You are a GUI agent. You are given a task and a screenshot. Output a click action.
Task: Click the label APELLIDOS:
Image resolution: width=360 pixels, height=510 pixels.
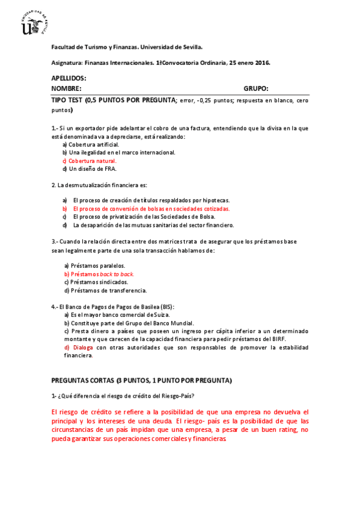[x=69, y=79]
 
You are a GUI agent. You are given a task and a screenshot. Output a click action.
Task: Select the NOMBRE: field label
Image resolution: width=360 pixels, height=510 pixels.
[x=66, y=88]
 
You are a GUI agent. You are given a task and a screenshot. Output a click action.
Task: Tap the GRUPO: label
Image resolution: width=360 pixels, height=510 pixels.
[x=256, y=88]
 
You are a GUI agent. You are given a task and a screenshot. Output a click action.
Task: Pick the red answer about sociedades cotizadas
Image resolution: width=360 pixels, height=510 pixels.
[x=151, y=208]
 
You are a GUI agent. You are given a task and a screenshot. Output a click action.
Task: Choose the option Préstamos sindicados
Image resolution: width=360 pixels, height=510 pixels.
[x=91, y=281]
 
